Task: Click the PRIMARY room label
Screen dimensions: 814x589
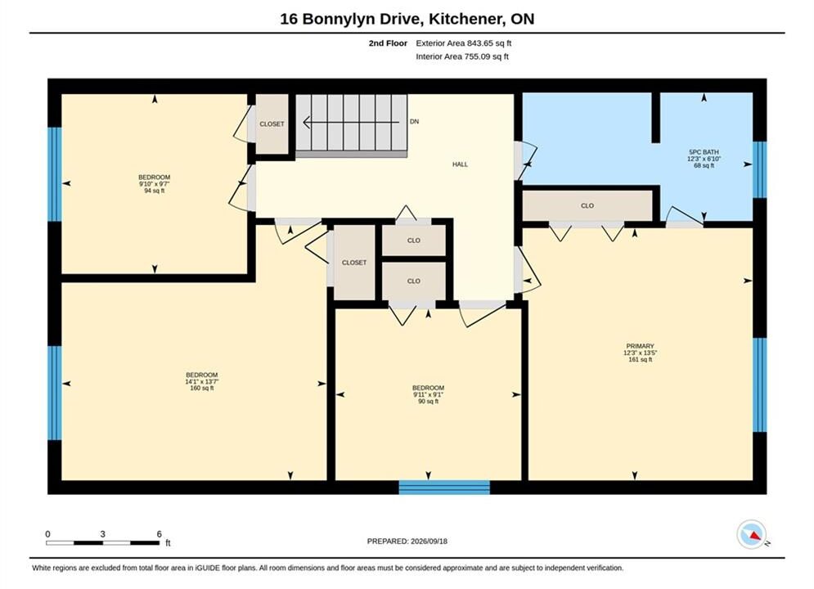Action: point(640,346)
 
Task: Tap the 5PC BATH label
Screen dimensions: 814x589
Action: point(704,152)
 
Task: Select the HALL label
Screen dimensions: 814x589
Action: point(460,164)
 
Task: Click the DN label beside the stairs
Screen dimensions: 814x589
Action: point(414,121)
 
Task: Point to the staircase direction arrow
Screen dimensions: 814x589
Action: point(352,123)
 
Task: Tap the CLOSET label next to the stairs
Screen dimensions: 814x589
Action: point(272,124)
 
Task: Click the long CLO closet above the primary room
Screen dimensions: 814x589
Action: point(587,205)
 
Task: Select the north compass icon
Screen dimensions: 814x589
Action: point(752,534)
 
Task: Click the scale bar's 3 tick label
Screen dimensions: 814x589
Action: point(103,534)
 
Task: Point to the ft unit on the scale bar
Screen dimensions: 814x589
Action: point(168,543)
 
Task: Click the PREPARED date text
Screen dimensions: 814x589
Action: point(407,542)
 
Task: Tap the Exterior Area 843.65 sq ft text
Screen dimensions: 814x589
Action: point(464,43)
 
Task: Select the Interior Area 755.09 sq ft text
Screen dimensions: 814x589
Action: point(462,56)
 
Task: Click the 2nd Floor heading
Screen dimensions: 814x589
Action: point(388,43)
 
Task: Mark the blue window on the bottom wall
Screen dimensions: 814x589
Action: point(444,488)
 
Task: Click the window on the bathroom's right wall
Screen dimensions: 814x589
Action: point(759,169)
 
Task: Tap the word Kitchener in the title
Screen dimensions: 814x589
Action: point(464,19)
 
